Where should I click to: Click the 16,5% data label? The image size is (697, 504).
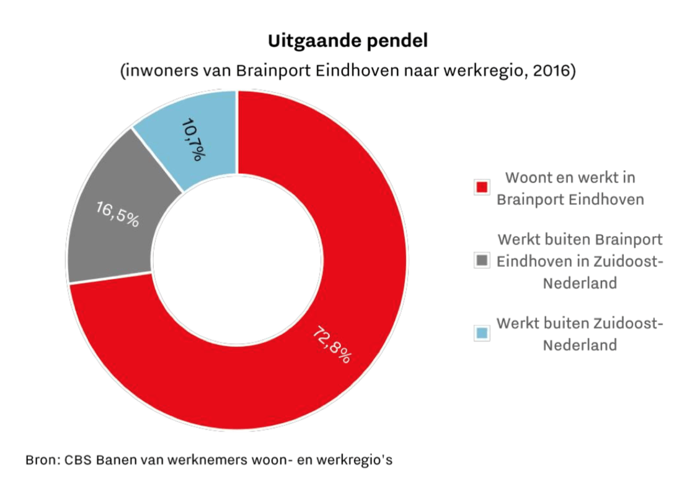click(x=117, y=213)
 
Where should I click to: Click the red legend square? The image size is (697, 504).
click(x=481, y=187)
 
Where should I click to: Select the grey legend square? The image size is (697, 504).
click(x=481, y=261)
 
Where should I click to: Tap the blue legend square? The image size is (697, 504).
click(x=481, y=333)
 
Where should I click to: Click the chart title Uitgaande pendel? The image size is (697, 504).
click(x=348, y=42)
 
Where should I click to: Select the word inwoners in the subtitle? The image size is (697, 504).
click(x=162, y=71)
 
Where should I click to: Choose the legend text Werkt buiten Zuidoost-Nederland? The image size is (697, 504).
click(x=580, y=334)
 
